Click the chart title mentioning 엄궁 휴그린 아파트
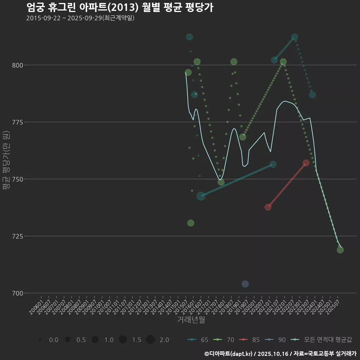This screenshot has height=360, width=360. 120,7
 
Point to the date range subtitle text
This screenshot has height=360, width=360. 80,18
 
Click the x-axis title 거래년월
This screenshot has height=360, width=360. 191,320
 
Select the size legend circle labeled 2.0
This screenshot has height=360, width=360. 150,340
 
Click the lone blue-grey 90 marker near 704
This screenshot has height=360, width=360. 245,284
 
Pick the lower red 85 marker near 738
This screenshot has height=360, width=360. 268,207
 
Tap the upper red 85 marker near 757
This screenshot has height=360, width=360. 306,163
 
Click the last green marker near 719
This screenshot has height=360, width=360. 340,250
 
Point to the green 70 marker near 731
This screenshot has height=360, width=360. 191,223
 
